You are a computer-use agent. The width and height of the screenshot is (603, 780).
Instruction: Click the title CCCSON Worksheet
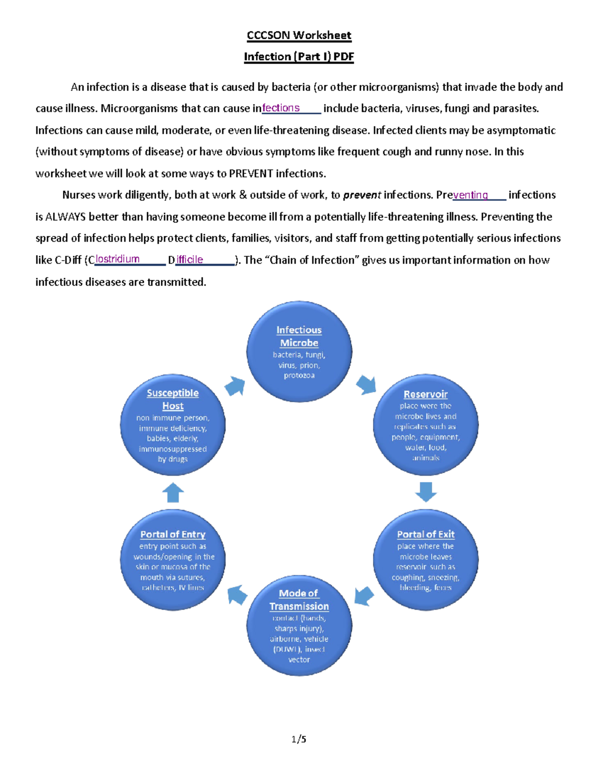(298, 35)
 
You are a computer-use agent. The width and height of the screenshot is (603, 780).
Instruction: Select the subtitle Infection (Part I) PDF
(298, 56)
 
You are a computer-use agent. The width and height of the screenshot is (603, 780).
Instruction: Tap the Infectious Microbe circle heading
(299, 337)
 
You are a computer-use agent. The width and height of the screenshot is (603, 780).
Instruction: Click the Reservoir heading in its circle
(426, 394)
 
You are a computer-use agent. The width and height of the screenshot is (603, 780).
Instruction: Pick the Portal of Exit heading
(426, 534)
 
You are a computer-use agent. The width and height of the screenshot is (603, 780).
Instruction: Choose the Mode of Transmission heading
(299, 600)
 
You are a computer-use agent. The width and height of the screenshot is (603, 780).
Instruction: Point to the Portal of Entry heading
(173, 534)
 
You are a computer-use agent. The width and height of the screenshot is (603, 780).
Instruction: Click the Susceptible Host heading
(173, 399)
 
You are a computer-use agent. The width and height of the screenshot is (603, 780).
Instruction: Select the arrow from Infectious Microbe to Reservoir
(366, 385)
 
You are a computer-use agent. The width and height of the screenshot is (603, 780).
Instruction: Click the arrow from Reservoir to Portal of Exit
(426, 492)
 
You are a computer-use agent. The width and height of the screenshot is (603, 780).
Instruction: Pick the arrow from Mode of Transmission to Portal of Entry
(237, 595)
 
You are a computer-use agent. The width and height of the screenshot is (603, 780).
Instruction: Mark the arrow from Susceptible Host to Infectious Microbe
(235, 386)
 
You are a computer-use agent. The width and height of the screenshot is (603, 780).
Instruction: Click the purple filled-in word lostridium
(118, 259)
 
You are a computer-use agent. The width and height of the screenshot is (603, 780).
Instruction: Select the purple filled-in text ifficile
(189, 260)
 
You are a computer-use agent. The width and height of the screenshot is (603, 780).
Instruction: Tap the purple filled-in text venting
(470, 195)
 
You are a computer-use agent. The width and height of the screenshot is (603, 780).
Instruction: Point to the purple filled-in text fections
(281, 108)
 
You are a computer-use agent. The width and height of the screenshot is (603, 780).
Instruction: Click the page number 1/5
(298, 739)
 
